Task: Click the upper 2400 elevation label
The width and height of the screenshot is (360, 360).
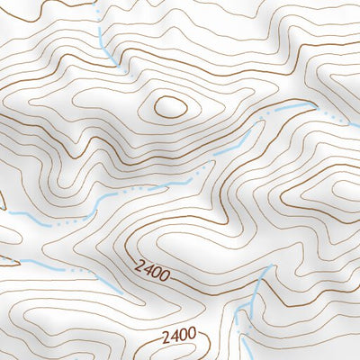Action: click(x=153, y=268)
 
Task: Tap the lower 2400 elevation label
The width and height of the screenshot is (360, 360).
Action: click(x=179, y=335)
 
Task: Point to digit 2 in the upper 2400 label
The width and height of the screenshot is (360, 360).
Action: click(x=141, y=264)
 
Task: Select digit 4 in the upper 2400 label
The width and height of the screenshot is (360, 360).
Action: click(x=148, y=267)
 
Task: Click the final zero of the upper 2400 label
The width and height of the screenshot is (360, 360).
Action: click(x=165, y=273)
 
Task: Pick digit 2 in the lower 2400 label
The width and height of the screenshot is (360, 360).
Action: click(x=166, y=336)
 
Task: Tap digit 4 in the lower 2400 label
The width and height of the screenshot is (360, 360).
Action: click(x=175, y=336)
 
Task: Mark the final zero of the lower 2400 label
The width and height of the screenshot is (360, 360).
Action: click(x=192, y=335)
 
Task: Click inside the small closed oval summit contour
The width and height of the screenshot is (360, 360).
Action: click(x=170, y=107)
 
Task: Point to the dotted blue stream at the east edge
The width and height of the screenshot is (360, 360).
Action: click(x=333, y=117)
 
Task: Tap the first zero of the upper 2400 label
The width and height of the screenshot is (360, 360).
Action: click(x=157, y=270)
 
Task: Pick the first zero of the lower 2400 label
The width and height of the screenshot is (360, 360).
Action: click(x=183, y=335)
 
